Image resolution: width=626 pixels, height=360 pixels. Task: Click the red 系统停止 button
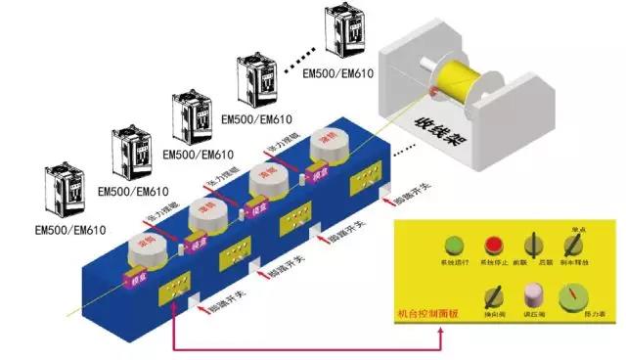coord(494,245)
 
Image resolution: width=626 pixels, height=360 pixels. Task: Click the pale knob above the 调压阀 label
coord(533,293)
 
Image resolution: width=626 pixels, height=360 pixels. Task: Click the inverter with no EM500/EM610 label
coord(349,32)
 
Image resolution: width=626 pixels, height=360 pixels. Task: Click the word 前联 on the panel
coord(520,264)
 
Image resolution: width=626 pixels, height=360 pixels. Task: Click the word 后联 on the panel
coord(546,264)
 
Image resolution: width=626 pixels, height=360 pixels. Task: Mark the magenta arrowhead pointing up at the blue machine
coord(173,309)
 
